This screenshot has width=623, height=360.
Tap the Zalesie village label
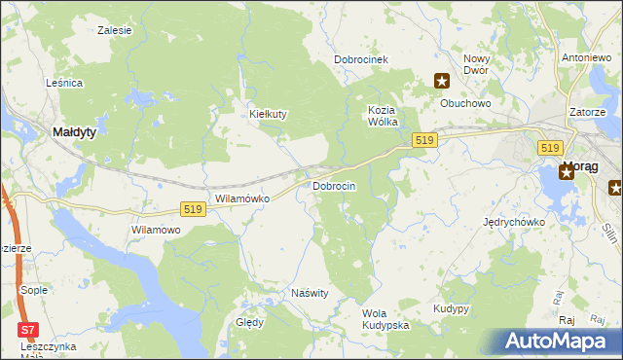point(115,30)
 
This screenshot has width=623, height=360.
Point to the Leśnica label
point(64,84)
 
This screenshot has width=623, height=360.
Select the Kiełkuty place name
point(269,114)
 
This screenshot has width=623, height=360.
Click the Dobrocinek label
point(361,59)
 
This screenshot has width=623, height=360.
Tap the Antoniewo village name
point(586,58)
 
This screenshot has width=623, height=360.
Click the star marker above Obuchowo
point(441,82)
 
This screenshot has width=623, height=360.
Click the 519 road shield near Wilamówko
point(193,209)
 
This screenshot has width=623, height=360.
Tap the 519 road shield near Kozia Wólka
point(422,141)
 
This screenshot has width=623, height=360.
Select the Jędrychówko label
point(514,222)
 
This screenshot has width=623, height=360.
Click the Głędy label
point(249,322)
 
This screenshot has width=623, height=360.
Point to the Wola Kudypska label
point(385,318)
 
